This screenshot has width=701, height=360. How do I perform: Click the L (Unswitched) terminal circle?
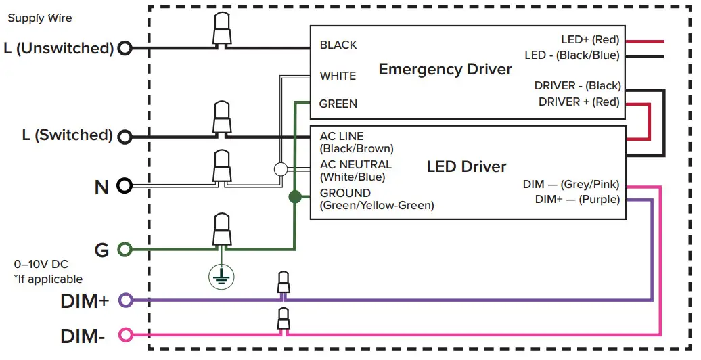pyautogui.click(x=125, y=48)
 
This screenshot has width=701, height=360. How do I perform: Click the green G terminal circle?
pyautogui.click(x=125, y=250)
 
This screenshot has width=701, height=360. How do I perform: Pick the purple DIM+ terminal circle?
pyautogui.click(x=125, y=300)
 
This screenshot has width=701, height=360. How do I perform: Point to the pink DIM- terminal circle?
pyautogui.click(x=125, y=334)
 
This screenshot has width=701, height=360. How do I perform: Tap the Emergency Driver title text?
pyautogui.click(x=445, y=70)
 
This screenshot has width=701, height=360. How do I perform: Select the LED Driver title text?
pyautogui.click(x=466, y=166)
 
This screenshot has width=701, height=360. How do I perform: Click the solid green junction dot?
pyautogui.click(x=294, y=197)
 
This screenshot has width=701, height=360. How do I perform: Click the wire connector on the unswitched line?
pyautogui.click(x=221, y=30)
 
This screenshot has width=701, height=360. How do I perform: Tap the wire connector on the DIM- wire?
pyautogui.click(x=284, y=319)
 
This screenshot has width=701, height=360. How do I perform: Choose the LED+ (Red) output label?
pyautogui.click(x=590, y=40)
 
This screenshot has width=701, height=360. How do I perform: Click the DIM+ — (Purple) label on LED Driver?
pyautogui.click(x=577, y=199)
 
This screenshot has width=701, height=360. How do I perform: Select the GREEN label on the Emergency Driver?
pyautogui.click(x=338, y=104)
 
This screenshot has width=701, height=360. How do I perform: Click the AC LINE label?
pyautogui.click(x=342, y=137)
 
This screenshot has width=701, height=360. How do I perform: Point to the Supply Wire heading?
pyautogui.click(x=39, y=18)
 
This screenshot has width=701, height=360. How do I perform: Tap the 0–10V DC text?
pyautogui.click(x=41, y=264)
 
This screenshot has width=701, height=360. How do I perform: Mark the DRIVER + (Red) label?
pyautogui.click(x=579, y=102)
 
